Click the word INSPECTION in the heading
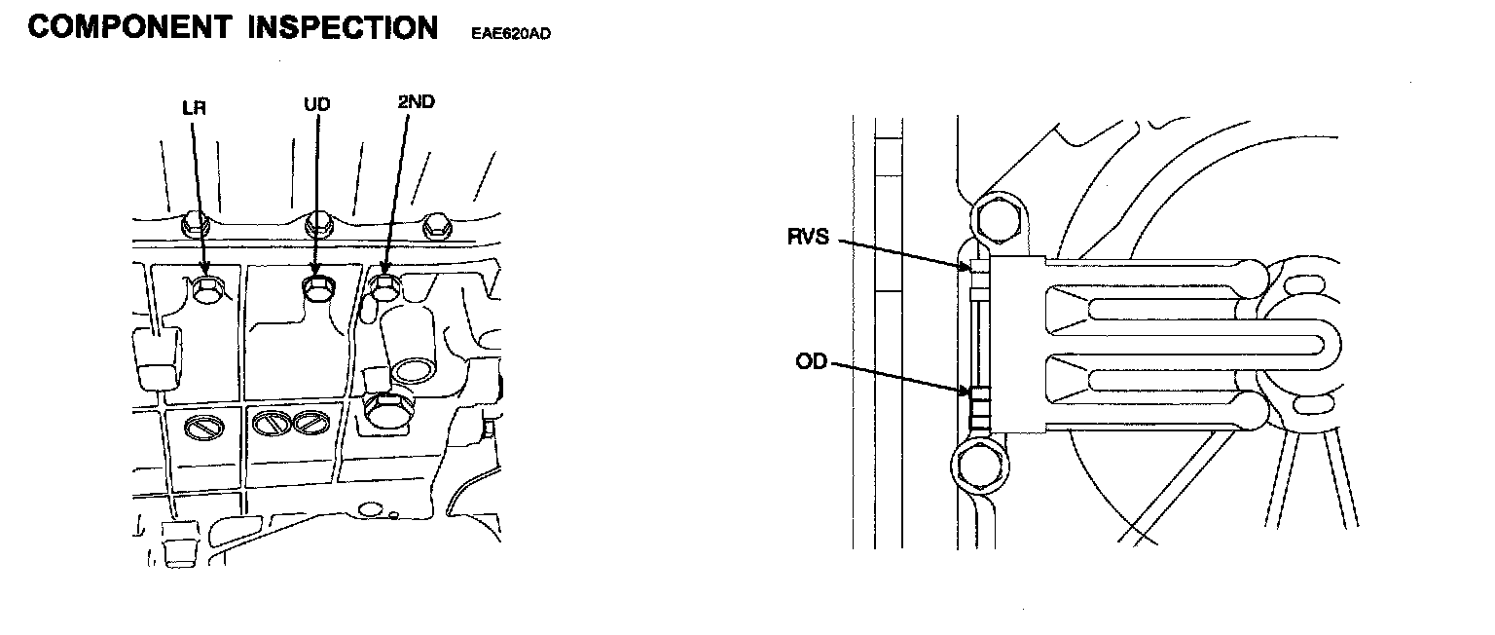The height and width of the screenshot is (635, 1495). pyautogui.click(x=343, y=27)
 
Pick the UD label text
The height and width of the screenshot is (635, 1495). pyautogui.click(x=316, y=104)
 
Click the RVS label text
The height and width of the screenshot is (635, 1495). pyautogui.click(x=809, y=237)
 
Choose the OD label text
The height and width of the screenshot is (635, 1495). pyautogui.click(x=811, y=361)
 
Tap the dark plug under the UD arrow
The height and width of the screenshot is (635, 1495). pyautogui.click(x=316, y=287)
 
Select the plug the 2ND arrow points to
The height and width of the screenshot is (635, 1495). pyautogui.click(x=384, y=285)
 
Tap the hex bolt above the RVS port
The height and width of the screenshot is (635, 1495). pyautogui.click(x=995, y=220)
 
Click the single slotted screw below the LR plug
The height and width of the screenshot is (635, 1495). pyautogui.click(x=201, y=426)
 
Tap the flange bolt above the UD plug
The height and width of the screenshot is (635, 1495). pyautogui.click(x=316, y=225)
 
